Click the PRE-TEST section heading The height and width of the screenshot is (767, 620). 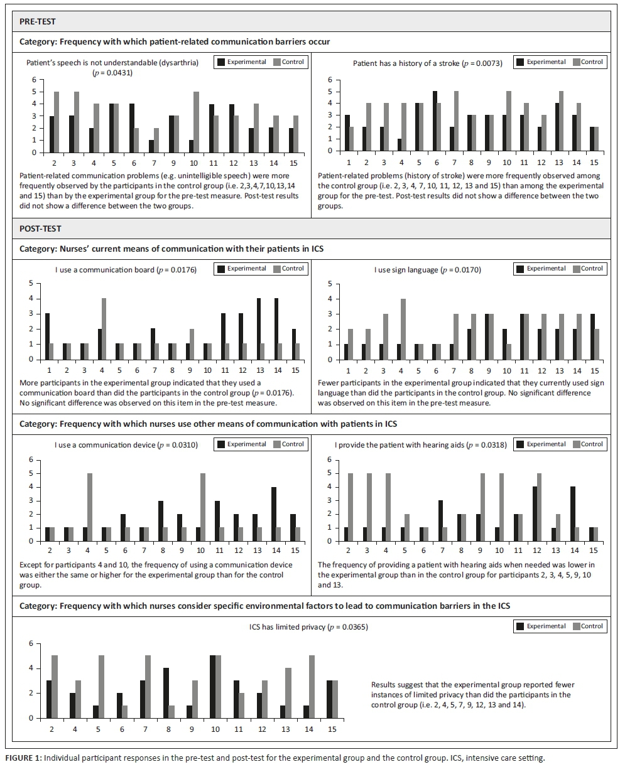click(x=38, y=21)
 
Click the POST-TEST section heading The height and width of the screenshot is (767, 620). click(x=40, y=228)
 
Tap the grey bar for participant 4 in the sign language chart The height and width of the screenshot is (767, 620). click(x=403, y=329)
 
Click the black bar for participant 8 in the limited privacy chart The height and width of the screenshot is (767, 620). click(x=166, y=693)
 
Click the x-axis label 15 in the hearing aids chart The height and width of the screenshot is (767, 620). click(x=594, y=550)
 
